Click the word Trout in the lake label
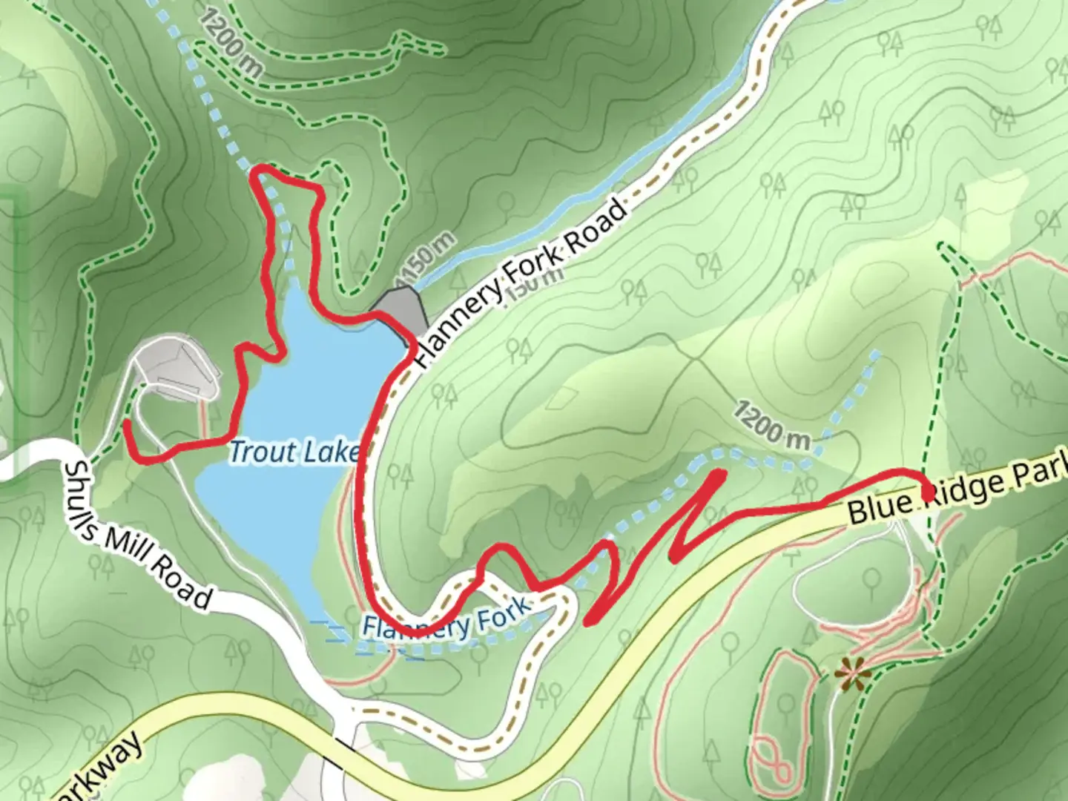(259, 451)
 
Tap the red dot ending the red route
(927, 492)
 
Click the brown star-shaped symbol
(853, 675)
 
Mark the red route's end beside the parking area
(128, 424)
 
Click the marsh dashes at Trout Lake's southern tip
(334, 634)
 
